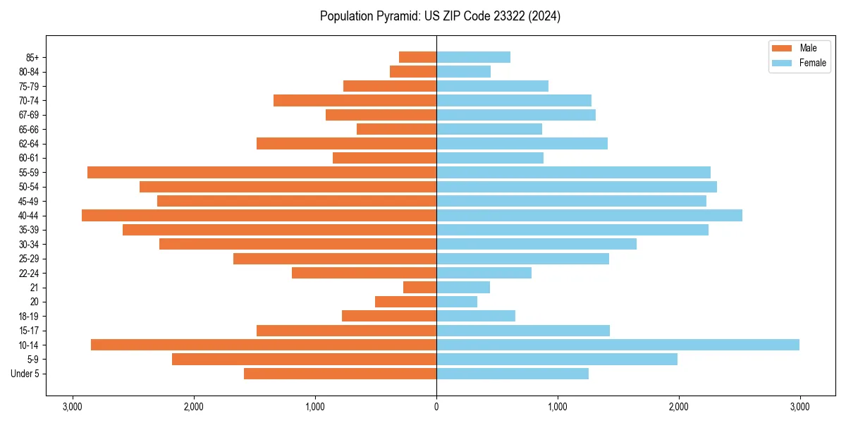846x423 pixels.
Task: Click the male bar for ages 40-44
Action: click(x=259, y=215)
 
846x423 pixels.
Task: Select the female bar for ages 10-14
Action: click(x=618, y=345)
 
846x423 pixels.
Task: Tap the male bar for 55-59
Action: click(x=262, y=172)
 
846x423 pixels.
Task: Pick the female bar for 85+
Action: click(x=473, y=57)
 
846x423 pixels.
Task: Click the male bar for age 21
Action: click(x=419, y=287)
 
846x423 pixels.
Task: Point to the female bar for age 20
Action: click(x=457, y=302)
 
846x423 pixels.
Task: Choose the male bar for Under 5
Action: click(x=340, y=374)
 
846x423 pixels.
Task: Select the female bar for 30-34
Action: click(x=536, y=244)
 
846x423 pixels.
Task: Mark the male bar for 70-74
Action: click(x=355, y=100)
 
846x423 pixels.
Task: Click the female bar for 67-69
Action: click(x=516, y=115)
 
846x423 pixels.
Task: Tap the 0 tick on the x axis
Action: click(x=436, y=407)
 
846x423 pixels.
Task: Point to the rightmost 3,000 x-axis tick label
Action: click(x=799, y=407)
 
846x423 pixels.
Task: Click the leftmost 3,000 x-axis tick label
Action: click(x=73, y=407)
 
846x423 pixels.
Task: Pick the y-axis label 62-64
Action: click(x=29, y=144)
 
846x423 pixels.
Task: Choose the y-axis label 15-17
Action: click(x=29, y=331)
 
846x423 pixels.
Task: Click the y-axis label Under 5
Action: click(x=25, y=374)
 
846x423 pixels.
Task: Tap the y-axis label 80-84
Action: click(x=29, y=72)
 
